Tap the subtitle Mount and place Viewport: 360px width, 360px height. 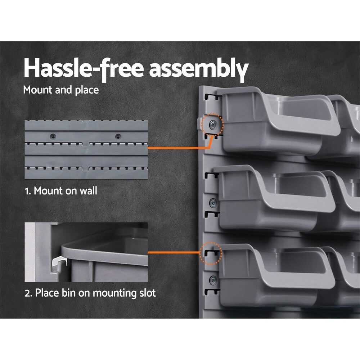coord(61,90)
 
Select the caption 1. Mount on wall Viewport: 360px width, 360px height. coord(61,191)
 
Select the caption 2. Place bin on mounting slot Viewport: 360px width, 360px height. coord(90,293)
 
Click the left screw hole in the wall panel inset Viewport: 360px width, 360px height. coord(53,136)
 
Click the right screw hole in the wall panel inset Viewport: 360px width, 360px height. coord(117,136)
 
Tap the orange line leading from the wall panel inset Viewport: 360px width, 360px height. coord(176,148)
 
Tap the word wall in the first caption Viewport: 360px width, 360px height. coord(89,191)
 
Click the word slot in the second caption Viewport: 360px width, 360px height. coord(147,293)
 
